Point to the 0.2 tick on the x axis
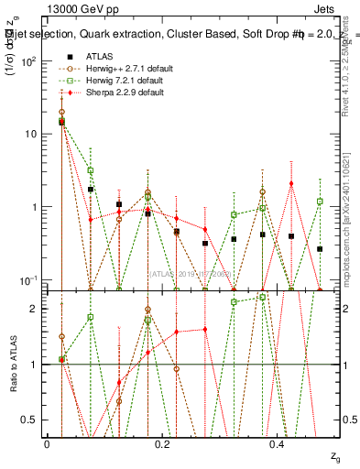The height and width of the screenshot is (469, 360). (162, 443)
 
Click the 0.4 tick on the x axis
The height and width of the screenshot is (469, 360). (278, 443)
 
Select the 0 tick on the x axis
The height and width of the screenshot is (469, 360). (47, 443)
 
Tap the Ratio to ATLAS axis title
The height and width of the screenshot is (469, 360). (13, 365)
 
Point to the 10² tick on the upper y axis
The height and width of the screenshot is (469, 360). (29, 61)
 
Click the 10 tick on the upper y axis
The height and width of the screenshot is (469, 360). (31, 134)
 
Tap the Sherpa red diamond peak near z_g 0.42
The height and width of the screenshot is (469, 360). (291, 183)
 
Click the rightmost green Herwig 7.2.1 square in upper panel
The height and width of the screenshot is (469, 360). (320, 201)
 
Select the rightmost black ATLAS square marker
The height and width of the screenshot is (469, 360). (320, 248)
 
